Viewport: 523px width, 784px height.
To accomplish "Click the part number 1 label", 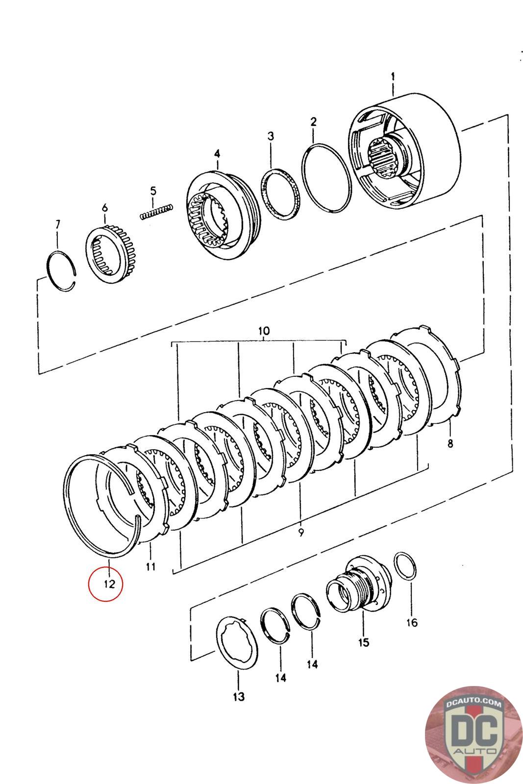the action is (x=393, y=76).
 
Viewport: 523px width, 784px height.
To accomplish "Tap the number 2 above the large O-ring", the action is (x=313, y=122).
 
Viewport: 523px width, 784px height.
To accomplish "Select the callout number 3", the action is (x=271, y=136).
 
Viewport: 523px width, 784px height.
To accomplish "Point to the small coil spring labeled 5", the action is (x=156, y=212).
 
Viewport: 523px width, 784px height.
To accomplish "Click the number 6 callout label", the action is (x=105, y=208).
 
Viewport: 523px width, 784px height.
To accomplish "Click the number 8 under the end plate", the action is (x=450, y=443).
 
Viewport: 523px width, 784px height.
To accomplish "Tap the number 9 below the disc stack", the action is (x=301, y=532).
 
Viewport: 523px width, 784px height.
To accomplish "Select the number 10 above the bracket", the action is (x=264, y=331).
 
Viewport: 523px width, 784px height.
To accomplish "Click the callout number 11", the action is (x=150, y=566).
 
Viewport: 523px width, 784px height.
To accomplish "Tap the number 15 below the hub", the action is (x=363, y=642).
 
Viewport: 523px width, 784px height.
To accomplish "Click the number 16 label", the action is (x=412, y=622).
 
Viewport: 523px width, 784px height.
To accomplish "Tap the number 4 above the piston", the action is (x=217, y=154).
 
